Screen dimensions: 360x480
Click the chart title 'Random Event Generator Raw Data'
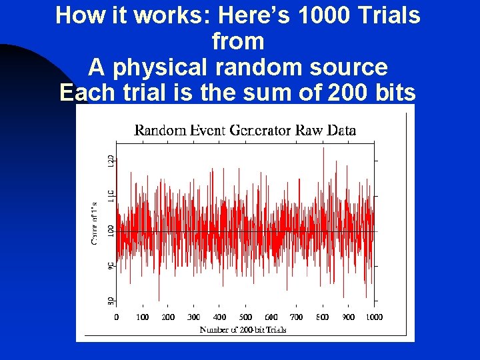pos(245,131)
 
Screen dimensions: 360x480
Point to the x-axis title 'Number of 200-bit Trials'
pos(243,330)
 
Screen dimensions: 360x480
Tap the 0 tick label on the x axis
pos(117,317)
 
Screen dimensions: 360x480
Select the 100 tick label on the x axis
pos(142,317)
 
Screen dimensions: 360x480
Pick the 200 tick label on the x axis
pos(168,317)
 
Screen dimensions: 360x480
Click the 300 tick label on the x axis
pos(194,317)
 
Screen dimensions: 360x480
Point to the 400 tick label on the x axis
pos(219,317)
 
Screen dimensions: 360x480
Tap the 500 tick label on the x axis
pos(245,317)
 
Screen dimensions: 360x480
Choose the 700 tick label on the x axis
pos(297,317)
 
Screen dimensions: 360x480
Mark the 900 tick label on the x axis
pos(348,317)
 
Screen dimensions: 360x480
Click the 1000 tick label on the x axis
pos(373,317)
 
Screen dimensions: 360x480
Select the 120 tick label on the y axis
pos(111,161)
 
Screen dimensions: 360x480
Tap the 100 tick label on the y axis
pos(111,231)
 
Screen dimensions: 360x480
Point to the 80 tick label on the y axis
pos(111,301)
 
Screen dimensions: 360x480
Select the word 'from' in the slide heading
pos(238,41)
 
